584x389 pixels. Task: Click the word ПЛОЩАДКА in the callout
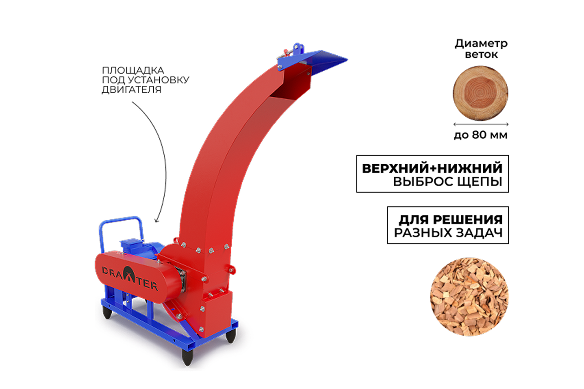click(133, 70)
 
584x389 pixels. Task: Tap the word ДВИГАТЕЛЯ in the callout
click(132, 90)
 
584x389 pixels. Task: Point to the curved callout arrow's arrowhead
click(156, 220)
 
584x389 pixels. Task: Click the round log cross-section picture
click(480, 93)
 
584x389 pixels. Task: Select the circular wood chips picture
click(469, 297)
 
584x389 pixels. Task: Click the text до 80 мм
click(480, 135)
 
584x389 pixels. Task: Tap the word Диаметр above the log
click(481, 44)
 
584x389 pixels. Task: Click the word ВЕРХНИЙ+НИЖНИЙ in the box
click(432, 168)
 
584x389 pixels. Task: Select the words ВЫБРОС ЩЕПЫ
click(448, 182)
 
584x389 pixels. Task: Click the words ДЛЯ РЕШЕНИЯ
click(450, 220)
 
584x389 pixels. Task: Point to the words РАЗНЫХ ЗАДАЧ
click(448, 233)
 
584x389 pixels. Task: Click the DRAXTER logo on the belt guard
click(130, 278)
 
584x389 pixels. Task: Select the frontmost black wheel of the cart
click(188, 357)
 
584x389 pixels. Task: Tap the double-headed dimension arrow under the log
click(481, 124)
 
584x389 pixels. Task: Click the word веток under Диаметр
click(481, 55)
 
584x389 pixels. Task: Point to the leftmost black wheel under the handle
click(107, 312)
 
